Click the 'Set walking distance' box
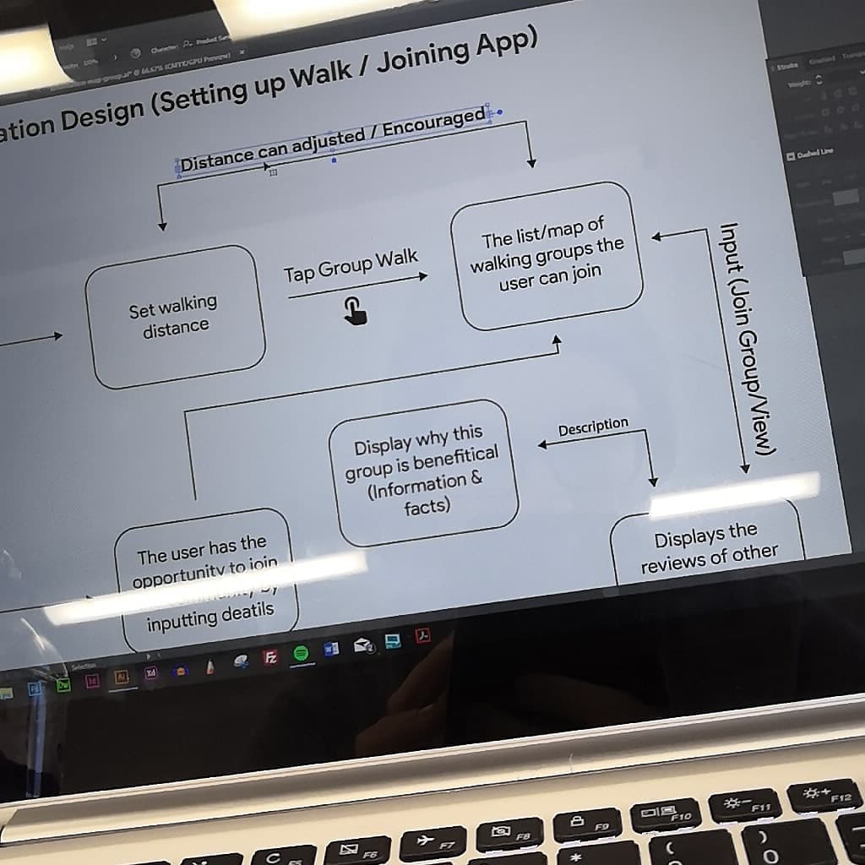click(174, 316)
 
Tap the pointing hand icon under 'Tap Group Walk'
click(355, 311)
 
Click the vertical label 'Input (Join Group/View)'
click(743, 338)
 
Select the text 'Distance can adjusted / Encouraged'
click(333, 139)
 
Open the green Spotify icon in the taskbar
click(300, 653)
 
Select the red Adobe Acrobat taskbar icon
click(423, 635)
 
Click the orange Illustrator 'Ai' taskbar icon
click(121, 677)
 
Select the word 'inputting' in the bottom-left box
click(181, 619)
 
